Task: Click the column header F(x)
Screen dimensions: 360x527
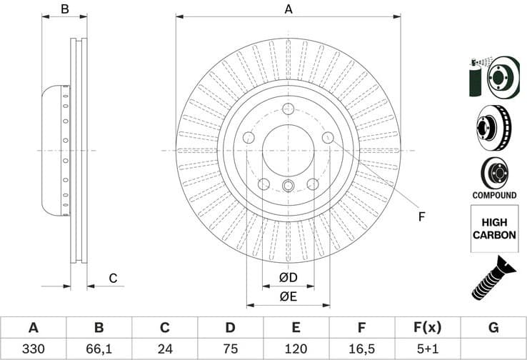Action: click(427, 328)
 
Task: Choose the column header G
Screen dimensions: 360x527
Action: click(493, 328)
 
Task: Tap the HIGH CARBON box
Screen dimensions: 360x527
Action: click(494, 229)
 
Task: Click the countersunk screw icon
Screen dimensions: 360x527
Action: click(493, 278)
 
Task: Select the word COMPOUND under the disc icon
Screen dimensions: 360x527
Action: click(494, 195)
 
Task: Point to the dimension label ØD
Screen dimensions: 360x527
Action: click(288, 277)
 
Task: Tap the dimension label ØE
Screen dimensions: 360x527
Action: click(288, 296)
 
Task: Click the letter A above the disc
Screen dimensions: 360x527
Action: click(288, 9)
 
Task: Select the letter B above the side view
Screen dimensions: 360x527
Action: click(64, 9)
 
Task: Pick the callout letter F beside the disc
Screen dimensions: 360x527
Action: click(421, 216)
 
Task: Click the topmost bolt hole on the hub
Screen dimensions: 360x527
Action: click(288, 109)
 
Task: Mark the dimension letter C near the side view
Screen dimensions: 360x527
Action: click(113, 278)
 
